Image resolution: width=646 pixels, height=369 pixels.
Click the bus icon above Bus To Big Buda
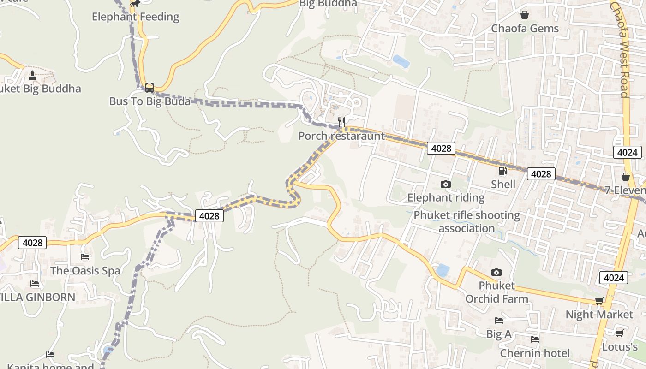coord(149,87)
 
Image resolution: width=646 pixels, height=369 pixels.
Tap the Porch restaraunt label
coord(341,136)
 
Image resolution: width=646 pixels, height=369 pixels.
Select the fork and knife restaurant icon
coord(341,122)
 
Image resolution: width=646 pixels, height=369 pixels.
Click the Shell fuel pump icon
coord(502,171)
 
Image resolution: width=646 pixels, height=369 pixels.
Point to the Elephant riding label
coord(446,198)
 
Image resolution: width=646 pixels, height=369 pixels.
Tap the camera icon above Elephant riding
coord(445,184)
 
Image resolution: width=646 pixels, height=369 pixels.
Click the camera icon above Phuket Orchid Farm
coord(496,272)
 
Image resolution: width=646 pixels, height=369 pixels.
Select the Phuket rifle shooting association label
coord(467,222)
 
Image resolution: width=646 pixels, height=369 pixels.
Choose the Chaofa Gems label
coord(525,29)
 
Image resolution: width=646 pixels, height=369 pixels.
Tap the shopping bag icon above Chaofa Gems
coord(525,15)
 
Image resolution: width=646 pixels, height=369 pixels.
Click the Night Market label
coord(599,315)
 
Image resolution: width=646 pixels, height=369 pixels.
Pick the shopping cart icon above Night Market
coord(599,301)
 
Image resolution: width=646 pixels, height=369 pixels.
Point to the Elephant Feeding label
coord(135,17)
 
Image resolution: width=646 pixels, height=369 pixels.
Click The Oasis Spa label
coord(85,271)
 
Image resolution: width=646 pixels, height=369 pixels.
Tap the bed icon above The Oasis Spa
coord(85,256)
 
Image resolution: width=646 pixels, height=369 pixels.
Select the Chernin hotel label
coord(535,353)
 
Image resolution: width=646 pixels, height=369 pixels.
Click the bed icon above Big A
coord(498,320)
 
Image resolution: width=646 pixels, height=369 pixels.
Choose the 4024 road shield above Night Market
coord(614,278)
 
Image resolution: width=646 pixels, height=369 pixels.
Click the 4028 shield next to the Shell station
coord(541,174)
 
